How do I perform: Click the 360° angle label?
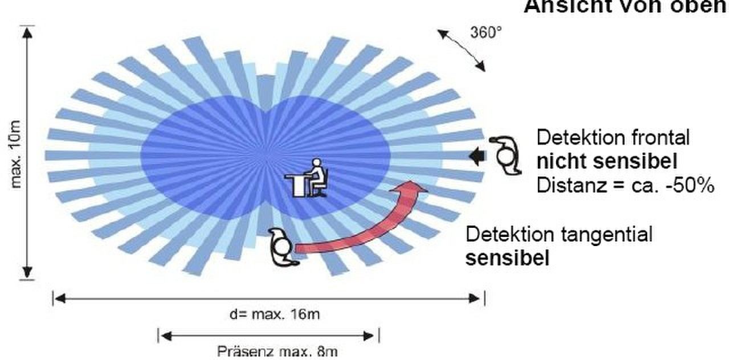(x=486, y=32)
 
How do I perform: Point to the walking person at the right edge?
(x=504, y=154)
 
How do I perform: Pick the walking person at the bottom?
(x=282, y=247)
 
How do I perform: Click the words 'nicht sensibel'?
(x=607, y=162)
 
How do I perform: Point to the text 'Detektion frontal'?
(x=613, y=137)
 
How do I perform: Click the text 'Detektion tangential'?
(x=559, y=234)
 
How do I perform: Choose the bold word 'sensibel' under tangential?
(x=508, y=258)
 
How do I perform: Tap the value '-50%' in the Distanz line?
(x=692, y=186)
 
